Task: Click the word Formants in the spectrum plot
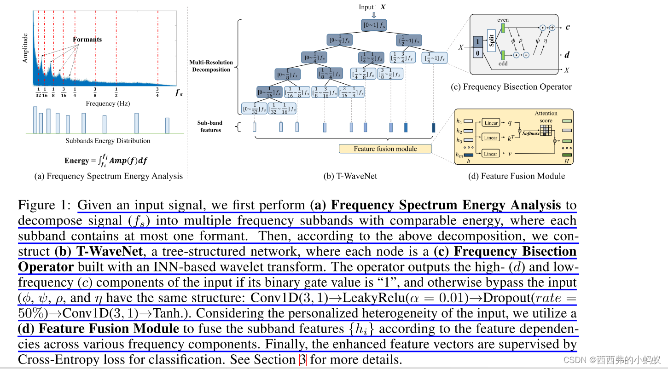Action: pyautogui.click(x=87, y=40)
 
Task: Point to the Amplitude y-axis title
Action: pyautogui.click(x=25, y=48)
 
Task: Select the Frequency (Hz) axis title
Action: pyautogui.click(x=108, y=104)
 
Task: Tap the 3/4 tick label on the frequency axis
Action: pyautogui.click(x=157, y=92)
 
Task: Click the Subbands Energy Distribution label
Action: pyautogui.click(x=108, y=141)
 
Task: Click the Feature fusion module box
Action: pyautogui.click(x=385, y=149)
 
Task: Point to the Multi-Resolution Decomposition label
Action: pyautogui.click(x=211, y=66)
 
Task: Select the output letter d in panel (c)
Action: pyautogui.click(x=567, y=55)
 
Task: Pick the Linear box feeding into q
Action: pyautogui.click(x=491, y=123)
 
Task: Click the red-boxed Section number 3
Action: pyautogui.click(x=302, y=359)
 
